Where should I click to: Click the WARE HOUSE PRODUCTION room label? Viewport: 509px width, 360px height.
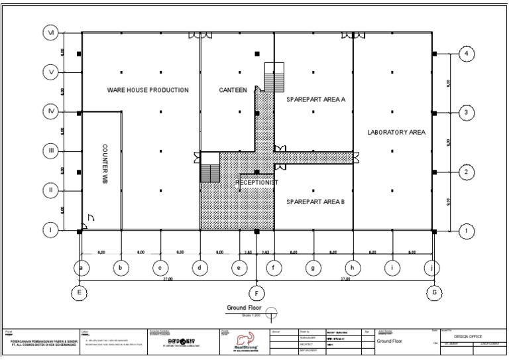click(148, 90)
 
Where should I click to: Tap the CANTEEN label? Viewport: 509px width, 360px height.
click(233, 90)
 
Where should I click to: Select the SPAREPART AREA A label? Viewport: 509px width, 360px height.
click(316, 99)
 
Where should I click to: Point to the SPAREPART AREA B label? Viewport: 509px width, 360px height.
click(315, 202)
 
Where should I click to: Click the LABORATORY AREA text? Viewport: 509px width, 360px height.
click(396, 133)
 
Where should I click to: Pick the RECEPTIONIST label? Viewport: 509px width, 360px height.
click(256, 182)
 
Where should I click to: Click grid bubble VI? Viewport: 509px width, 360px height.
click(50, 32)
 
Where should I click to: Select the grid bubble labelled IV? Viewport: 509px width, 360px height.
click(50, 111)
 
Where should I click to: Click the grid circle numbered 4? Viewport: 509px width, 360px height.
click(467, 54)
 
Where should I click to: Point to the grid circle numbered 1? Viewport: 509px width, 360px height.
click(467, 231)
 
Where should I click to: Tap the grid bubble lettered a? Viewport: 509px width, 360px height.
click(81, 268)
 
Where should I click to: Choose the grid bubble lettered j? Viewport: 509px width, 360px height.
click(433, 268)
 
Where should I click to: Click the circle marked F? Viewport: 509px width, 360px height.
click(256, 292)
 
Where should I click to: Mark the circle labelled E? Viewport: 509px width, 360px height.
click(79, 292)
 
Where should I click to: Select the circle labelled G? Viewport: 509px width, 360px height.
click(434, 292)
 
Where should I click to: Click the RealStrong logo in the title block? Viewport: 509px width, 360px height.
click(246, 340)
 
